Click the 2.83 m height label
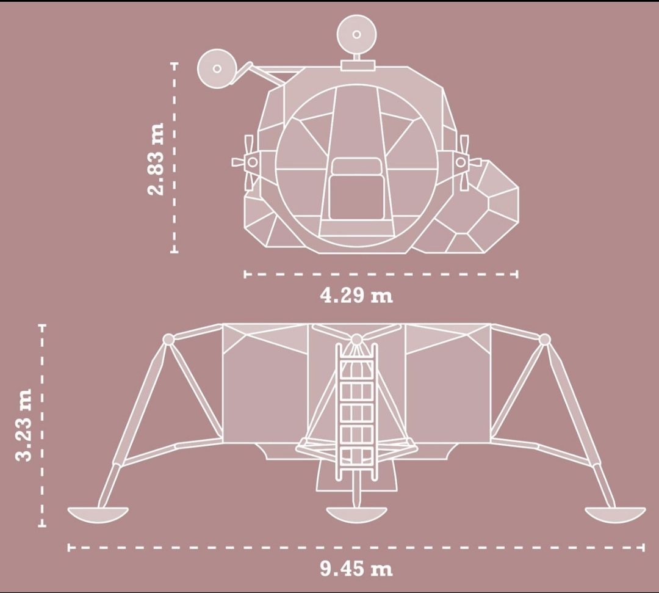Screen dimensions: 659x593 coord(155,159)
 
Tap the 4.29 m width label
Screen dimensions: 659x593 coord(356,295)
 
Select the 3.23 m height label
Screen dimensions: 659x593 coord(23,425)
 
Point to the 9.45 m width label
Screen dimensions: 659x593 coord(356,569)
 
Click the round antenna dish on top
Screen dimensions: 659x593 coord(356,34)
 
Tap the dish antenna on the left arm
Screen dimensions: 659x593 coord(217,68)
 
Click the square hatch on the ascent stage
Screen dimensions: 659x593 coord(356,189)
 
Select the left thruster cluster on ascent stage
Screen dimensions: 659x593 coord(248,162)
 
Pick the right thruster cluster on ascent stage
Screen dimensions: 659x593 coord(465,162)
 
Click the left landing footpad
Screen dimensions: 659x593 coord(98,514)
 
